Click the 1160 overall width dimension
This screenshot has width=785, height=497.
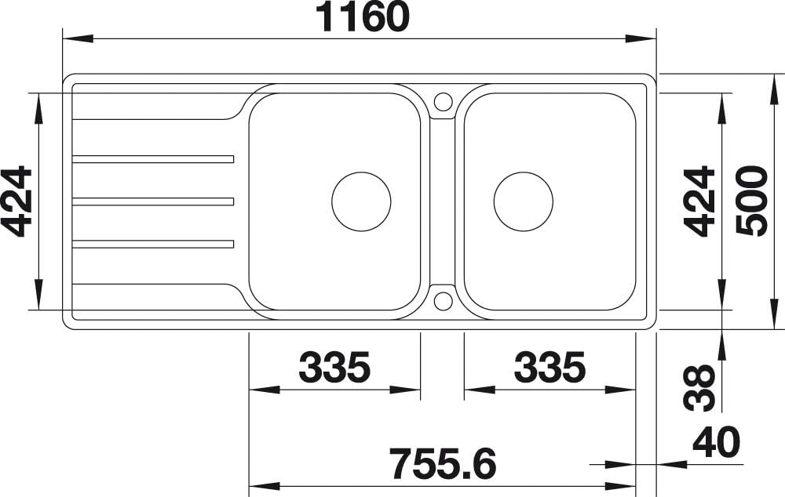click(x=364, y=17)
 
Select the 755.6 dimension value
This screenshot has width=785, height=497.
click(x=443, y=463)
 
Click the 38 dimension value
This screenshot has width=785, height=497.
click(x=699, y=388)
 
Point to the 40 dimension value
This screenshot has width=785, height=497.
click(x=716, y=442)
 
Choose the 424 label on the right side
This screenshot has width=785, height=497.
click(x=699, y=201)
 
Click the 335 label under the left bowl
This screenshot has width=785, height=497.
click(x=334, y=367)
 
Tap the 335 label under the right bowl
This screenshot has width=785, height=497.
click(x=549, y=367)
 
